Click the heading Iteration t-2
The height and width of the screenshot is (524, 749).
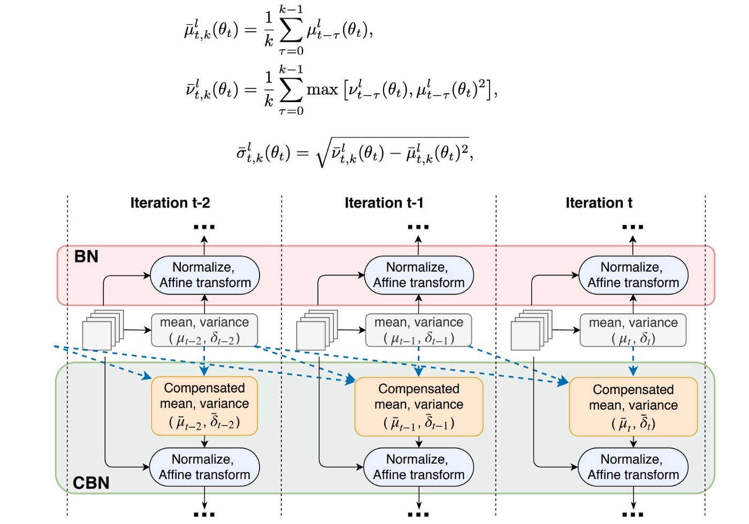(170, 203)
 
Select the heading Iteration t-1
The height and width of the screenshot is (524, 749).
(384, 203)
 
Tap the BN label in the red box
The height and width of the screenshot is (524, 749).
(86, 257)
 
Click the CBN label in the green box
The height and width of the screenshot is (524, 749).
(91, 482)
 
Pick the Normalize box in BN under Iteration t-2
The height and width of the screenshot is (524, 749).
(205, 275)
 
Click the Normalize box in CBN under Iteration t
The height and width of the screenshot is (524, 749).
(633, 467)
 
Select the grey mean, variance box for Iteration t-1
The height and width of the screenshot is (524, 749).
(418, 330)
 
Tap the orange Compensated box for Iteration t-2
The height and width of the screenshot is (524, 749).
(204, 406)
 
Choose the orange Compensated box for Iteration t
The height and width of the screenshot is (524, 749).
(633, 407)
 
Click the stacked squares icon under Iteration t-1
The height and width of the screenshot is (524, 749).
(317, 330)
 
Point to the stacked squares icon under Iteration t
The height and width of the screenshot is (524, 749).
(531, 330)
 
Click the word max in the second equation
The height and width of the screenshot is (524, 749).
(322, 90)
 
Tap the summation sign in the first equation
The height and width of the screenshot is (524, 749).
(291, 30)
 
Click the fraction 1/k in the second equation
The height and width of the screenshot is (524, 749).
(269, 90)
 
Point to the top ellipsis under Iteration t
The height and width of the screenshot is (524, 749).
(632, 227)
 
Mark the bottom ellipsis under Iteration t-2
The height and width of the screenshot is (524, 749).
(204, 514)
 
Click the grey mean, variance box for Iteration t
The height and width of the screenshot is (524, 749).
(633, 330)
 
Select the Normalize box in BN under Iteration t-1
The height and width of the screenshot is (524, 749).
(418, 275)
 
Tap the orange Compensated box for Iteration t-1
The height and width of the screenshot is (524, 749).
(419, 407)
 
